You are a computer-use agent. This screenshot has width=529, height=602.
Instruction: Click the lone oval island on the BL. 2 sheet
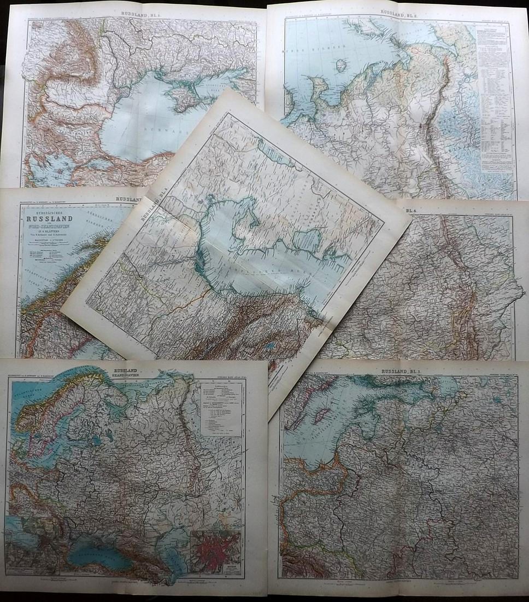click(343, 66)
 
